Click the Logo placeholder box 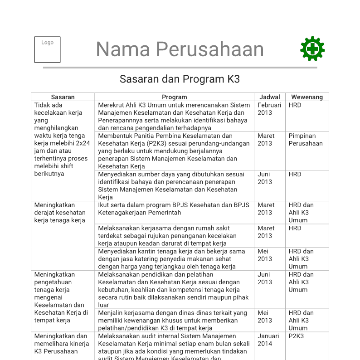tap(47, 49)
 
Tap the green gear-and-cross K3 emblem tap(312, 49)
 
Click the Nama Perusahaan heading tap(180, 49)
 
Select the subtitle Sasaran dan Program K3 tap(180, 79)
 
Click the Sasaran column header tap(63, 97)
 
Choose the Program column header tap(174, 97)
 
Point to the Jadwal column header tap(269, 97)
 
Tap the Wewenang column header tap(307, 97)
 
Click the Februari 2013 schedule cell tap(269, 109)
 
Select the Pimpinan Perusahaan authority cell tap(306, 140)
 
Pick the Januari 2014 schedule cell tap(268, 340)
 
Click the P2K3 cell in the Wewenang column tap(296, 336)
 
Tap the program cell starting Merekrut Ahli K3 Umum tap(174, 117)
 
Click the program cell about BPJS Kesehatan tap(174, 209)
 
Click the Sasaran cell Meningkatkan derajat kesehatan tap(60, 213)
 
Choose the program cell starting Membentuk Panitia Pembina tap(174, 151)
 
